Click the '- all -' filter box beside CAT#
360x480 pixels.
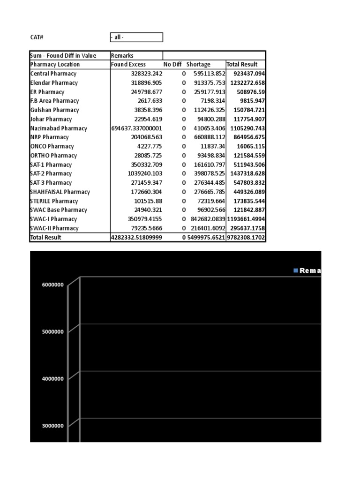[136, 37]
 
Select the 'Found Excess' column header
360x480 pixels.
[128, 65]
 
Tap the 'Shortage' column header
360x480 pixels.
[198, 65]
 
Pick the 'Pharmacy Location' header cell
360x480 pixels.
[55, 65]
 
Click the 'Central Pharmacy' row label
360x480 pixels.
[53, 74]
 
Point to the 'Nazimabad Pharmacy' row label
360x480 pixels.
[59, 128]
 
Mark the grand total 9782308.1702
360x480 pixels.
[246, 238]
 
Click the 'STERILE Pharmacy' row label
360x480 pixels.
[54, 201]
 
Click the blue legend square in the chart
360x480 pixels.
[295, 270]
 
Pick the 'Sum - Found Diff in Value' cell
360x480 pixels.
[63, 56]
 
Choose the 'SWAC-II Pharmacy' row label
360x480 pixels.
[54, 228]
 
